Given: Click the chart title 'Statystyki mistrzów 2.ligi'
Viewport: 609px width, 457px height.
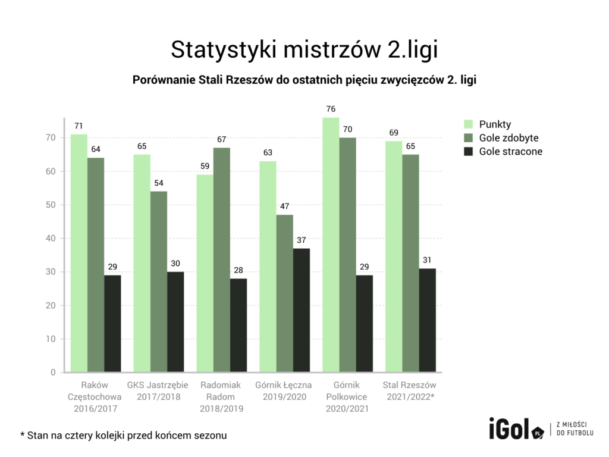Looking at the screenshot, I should pos(304,49).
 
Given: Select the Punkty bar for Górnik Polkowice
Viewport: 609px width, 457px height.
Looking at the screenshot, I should pos(331,245).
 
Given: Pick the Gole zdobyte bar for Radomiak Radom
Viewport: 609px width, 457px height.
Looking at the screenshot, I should pos(222,260).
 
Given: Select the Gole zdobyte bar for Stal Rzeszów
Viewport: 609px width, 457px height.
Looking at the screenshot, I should pos(410,264).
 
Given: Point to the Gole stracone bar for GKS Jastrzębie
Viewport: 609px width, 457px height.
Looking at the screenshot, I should pos(175,322).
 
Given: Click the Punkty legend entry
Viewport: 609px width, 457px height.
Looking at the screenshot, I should pos(495,124).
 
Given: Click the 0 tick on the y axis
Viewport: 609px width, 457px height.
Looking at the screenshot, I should pos(53,373).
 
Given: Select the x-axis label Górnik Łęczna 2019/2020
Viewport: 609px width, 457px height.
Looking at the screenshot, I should pos(285,390).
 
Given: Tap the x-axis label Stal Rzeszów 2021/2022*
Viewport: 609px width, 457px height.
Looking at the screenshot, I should pos(410,390).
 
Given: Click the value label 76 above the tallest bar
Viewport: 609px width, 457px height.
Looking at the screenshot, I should pos(331,109).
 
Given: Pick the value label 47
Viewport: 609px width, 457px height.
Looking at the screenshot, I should pos(285,206).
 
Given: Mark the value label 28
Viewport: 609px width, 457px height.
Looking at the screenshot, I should pos(238,270).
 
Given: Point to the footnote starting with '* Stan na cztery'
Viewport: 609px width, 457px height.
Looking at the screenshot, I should pos(123,436).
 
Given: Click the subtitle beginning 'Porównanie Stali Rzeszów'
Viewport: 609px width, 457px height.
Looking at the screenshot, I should pos(304,79).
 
